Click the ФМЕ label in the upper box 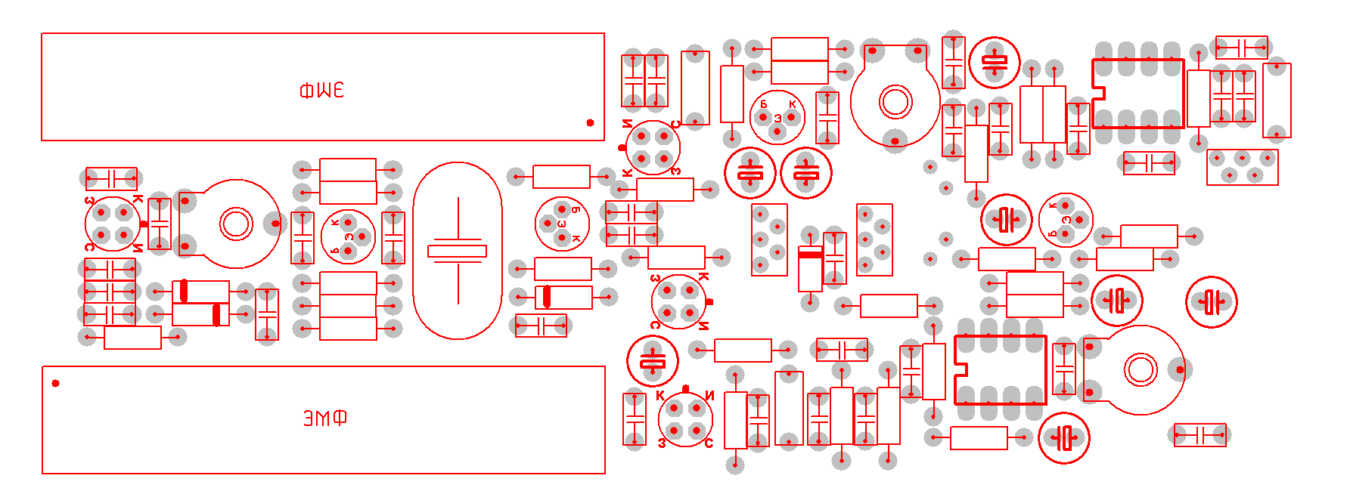(x=321, y=91)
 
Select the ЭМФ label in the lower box (x=325, y=418)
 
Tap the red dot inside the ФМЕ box (x=590, y=122)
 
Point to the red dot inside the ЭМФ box (x=55, y=383)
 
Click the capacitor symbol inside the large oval (x=457, y=251)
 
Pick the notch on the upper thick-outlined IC (x=1099, y=94)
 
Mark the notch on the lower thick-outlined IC (x=961, y=370)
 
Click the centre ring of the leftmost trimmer (x=235, y=224)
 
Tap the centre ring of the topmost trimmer (x=895, y=101)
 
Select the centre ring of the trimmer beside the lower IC (x=1141, y=370)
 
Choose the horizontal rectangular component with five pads (x=1242, y=167)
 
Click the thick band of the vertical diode (x=810, y=255)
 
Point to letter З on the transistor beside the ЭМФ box (x=663, y=443)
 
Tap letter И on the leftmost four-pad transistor (x=138, y=248)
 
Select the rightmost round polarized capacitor (x=1211, y=302)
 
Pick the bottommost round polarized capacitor (x=1063, y=437)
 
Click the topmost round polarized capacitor (x=994, y=63)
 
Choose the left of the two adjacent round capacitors (x=749, y=173)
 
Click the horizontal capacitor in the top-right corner (x=1241, y=48)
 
